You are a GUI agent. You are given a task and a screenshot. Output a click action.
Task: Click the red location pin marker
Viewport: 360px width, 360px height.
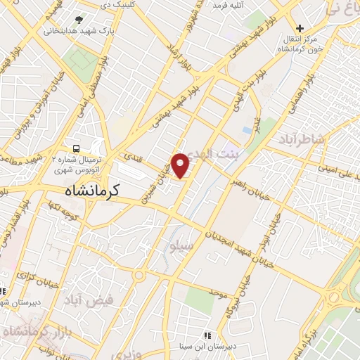[x=181, y=165]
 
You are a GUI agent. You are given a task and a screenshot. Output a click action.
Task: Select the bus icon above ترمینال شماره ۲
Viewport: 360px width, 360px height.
[x=76, y=148]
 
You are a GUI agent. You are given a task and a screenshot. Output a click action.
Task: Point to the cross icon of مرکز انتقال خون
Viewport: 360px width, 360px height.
[x=300, y=28]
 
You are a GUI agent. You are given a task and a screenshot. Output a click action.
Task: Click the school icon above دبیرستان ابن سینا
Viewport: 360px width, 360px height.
[x=206, y=336]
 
